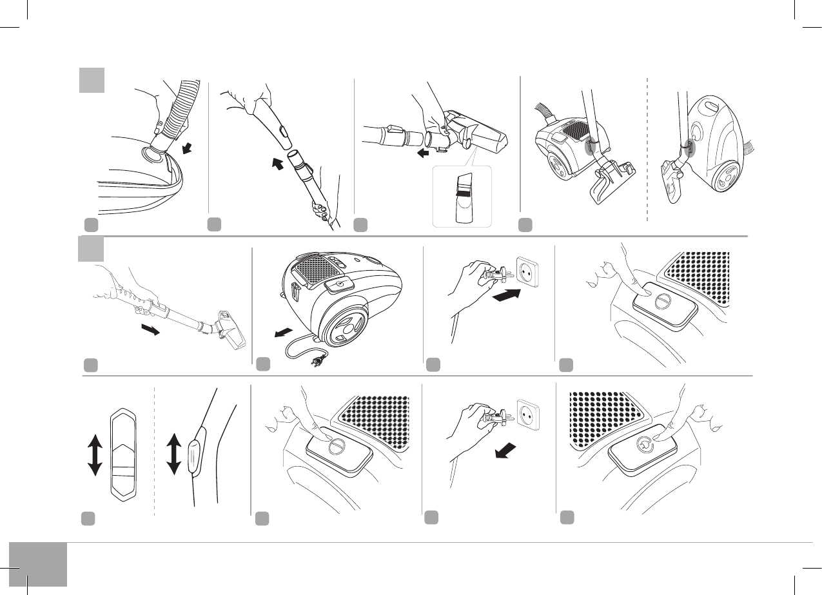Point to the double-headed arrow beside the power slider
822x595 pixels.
(x=94, y=454)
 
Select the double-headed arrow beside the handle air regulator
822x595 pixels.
(x=173, y=454)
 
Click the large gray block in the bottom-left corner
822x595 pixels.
(x=38, y=564)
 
